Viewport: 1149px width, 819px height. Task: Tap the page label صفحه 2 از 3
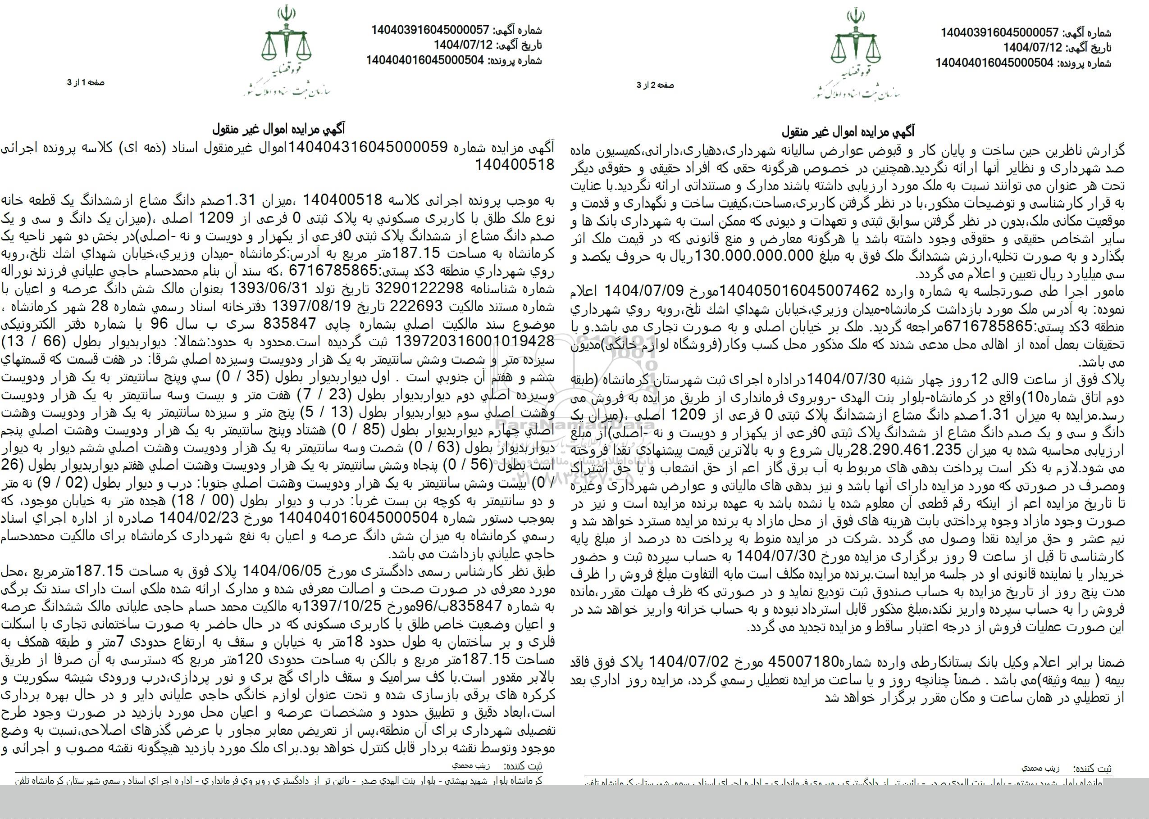(x=655, y=85)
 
